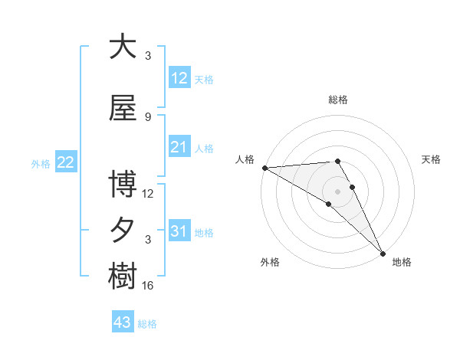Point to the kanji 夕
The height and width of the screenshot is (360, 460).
pos(123,230)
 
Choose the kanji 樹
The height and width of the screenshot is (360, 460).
pos(123,276)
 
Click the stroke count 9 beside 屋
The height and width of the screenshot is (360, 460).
pos(148,116)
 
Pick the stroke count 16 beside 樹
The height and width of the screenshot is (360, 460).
pos(148,285)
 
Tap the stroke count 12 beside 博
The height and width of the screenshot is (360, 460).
pos(148,193)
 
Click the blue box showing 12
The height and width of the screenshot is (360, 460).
pos(179,78)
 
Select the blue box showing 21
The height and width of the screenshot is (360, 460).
pos(179,147)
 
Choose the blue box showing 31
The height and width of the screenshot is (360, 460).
pos(179,231)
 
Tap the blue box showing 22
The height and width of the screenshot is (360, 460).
pos(66,162)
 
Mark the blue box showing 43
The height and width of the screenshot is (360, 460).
pos(122,322)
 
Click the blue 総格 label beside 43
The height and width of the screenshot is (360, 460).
pos(148,324)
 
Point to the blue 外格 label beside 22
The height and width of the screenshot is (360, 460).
pos(41,163)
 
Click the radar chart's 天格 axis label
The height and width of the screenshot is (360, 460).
pos(432,159)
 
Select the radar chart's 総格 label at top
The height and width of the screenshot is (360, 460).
pos(338,100)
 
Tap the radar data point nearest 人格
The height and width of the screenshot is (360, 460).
pos(264,168)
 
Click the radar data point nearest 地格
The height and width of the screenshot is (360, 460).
pos(383,252)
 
